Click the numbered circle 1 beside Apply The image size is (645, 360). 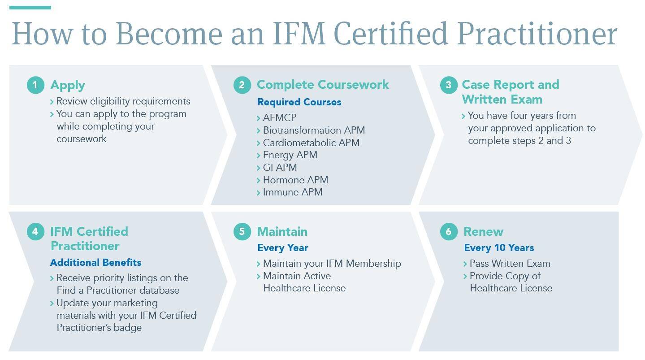click(35, 85)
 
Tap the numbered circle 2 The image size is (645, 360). click(242, 85)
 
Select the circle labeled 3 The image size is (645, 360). click(449, 85)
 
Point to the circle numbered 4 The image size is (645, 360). click(35, 231)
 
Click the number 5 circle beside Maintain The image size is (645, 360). click(242, 231)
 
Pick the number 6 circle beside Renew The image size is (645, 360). click(449, 231)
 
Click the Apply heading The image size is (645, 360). click(68, 86)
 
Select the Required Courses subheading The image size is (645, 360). click(299, 102)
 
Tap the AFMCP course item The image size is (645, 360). click(280, 117)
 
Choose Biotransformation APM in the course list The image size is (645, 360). click(314, 130)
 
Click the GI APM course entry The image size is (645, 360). click(280, 167)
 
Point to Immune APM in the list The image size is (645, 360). click(293, 192)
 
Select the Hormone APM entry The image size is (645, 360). click(295, 180)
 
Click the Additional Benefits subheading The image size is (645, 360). click(95, 262)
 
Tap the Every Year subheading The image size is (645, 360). click(283, 247)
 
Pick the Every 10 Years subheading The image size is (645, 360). click(499, 247)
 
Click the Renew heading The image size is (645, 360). click(484, 231)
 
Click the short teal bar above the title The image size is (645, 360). click(30, 8)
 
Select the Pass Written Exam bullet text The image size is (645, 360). click(510, 263)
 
